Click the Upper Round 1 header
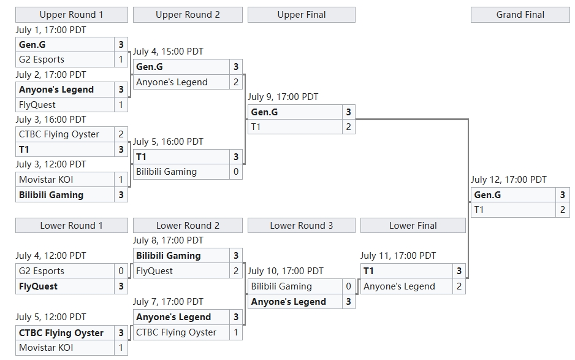click(71, 15)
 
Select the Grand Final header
click(520, 15)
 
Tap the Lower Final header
click(413, 226)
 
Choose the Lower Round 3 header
click(301, 226)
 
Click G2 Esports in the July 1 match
click(42, 59)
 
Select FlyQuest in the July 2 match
click(37, 105)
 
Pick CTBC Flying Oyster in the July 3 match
click(59, 134)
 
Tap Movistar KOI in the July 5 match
click(46, 348)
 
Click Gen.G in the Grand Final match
click(488, 195)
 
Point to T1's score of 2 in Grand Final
click(563, 210)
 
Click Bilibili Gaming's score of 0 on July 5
click(236, 172)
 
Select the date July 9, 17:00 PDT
click(283, 97)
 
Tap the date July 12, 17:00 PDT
click(509, 180)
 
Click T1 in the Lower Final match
click(369, 271)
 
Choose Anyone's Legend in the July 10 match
click(289, 302)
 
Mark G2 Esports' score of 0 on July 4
click(121, 271)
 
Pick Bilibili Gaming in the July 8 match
click(169, 256)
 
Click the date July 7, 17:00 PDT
click(168, 302)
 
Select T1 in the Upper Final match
click(256, 127)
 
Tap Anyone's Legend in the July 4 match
click(172, 82)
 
